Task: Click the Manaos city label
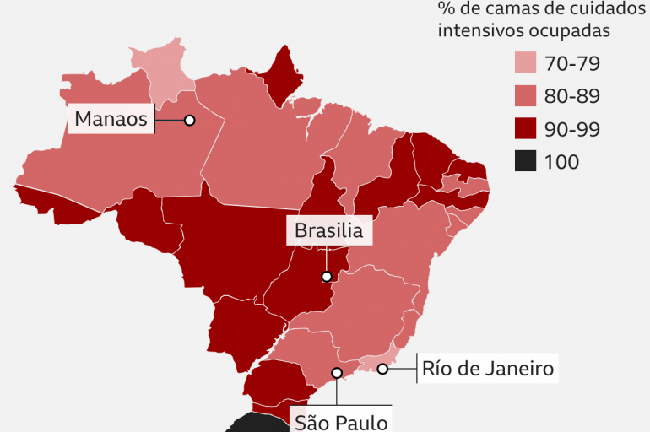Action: [111, 120]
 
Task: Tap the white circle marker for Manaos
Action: [190, 121]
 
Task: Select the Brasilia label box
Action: [329, 230]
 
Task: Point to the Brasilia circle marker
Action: [326, 276]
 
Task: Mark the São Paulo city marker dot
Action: [337, 372]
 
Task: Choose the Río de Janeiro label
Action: [487, 369]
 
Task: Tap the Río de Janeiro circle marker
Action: [382, 369]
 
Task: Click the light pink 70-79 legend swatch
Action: [525, 63]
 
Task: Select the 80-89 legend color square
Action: [525, 96]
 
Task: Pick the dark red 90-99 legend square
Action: [525, 129]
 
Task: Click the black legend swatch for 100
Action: [525, 162]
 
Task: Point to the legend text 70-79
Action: [572, 63]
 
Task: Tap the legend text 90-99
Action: [572, 129]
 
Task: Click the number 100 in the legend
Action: [562, 162]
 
